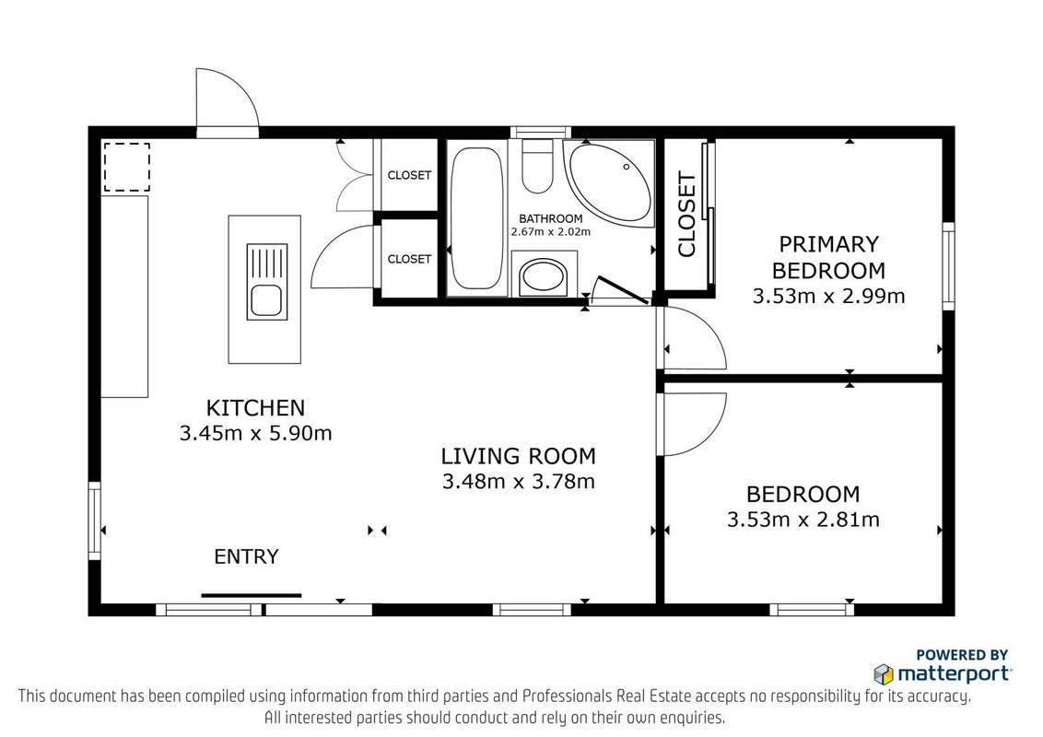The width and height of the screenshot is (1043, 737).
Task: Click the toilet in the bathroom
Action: click(537, 167)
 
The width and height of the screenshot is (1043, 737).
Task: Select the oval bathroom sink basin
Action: click(544, 277)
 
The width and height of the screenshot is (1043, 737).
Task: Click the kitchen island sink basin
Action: click(266, 300)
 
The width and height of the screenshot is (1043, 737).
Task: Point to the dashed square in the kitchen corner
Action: click(126, 167)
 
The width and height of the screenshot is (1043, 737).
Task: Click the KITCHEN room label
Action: click(255, 407)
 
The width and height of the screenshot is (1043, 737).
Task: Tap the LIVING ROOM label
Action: click(518, 456)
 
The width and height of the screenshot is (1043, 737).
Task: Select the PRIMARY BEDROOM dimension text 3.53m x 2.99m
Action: click(828, 296)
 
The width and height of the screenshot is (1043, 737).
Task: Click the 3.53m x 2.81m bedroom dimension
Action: click(803, 519)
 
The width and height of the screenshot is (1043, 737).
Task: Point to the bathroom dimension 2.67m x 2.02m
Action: click(551, 232)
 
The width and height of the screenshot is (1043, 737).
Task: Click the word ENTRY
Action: click(246, 556)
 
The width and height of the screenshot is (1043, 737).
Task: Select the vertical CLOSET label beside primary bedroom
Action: click(686, 214)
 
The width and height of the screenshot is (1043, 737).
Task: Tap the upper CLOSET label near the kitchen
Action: click(409, 175)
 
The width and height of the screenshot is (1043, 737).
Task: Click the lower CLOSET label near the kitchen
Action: click(409, 259)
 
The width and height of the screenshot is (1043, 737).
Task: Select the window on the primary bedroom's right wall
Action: click(948, 266)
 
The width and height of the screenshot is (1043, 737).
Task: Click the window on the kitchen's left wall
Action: click(95, 521)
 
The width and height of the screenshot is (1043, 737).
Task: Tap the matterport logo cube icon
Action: click(884, 673)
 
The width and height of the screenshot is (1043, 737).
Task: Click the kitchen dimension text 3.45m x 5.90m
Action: click(255, 433)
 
